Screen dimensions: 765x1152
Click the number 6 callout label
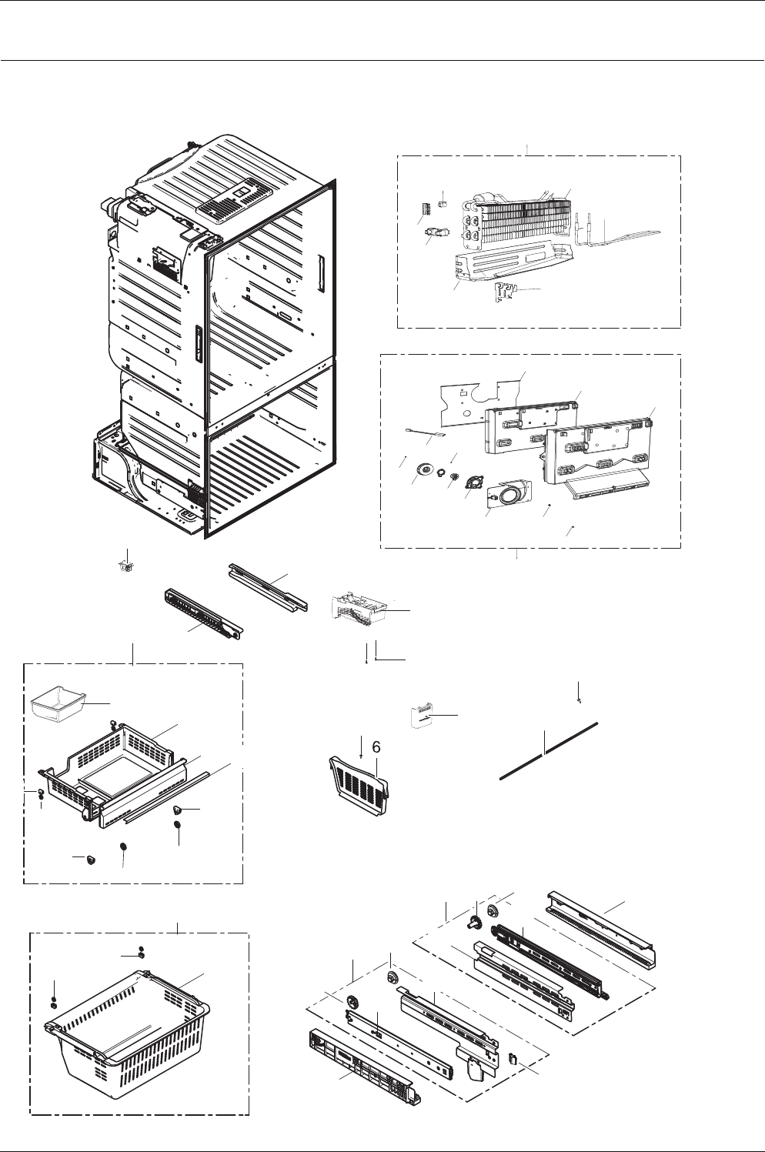point(376,747)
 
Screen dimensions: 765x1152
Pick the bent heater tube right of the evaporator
point(617,233)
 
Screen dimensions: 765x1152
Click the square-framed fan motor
point(473,483)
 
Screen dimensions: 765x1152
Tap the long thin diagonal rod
point(549,751)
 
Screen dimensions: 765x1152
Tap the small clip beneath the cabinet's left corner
point(125,566)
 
